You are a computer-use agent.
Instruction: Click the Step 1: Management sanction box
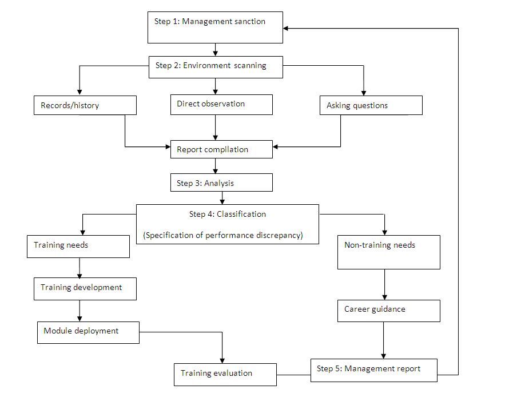tap(215, 27)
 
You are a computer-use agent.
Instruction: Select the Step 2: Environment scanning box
tap(215, 66)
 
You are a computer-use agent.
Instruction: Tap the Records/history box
tap(85, 105)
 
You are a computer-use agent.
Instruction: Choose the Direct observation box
tap(221, 105)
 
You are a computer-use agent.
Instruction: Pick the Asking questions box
tap(371, 105)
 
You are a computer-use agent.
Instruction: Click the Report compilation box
tap(221, 150)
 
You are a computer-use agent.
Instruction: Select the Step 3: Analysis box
tap(221, 183)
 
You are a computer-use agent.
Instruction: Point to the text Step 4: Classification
tap(227, 215)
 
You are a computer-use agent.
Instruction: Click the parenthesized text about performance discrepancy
tap(222, 235)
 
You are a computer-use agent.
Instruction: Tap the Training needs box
tap(78, 246)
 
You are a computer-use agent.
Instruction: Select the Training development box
tap(85, 288)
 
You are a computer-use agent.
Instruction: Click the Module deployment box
tap(88, 332)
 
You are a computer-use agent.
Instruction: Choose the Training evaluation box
tap(225, 374)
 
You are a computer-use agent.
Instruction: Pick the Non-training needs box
tap(388, 252)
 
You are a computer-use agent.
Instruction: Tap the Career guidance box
tap(388, 310)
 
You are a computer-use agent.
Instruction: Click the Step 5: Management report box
tap(374, 370)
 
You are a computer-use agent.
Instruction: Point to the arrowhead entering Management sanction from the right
tap(287, 28)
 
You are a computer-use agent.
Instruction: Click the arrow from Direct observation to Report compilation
tap(215, 127)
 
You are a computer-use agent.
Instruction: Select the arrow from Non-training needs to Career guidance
tap(384, 284)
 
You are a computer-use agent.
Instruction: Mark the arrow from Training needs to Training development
tap(79, 267)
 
